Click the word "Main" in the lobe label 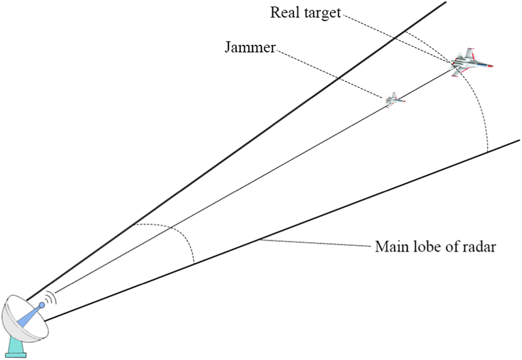388,247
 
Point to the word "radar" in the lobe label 481,247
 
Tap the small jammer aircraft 394,100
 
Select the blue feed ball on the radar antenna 42,305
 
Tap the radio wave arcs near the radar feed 52,297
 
